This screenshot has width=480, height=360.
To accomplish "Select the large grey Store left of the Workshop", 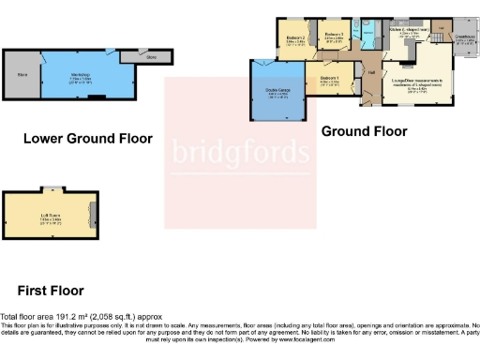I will [22, 75].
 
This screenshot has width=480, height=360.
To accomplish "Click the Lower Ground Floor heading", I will [87, 138].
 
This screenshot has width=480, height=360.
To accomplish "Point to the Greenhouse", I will [464, 41].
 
